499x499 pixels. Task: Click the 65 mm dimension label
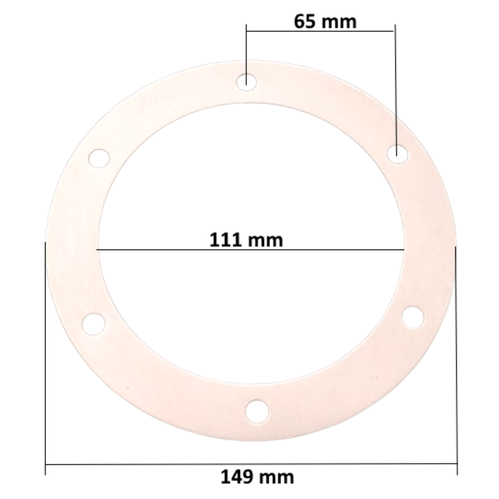click(325, 21)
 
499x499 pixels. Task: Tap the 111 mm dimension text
click(246, 240)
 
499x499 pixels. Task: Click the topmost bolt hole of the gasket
click(247, 81)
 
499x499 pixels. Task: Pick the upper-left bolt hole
click(100, 158)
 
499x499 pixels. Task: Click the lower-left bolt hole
click(94, 323)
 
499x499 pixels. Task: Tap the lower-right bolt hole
click(413, 317)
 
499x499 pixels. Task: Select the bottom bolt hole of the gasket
click(257, 411)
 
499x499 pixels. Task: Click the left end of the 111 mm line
click(97, 249)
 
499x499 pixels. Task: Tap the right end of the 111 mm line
click(404, 249)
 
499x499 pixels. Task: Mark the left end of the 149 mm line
click(45, 464)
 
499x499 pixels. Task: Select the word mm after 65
click(341, 21)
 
